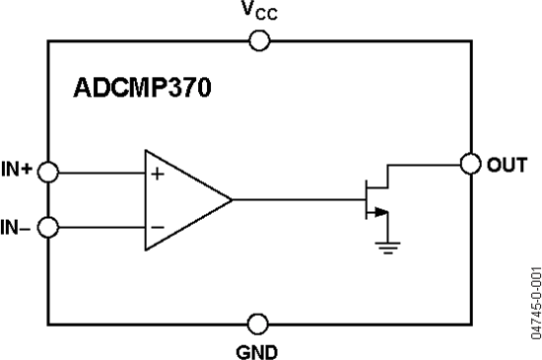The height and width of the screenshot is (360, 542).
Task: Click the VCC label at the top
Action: click(x=261, y=13)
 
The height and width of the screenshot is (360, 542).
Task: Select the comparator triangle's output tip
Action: click(x=232, y=199)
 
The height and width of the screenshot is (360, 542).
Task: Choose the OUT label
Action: click(x=507, y=163)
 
